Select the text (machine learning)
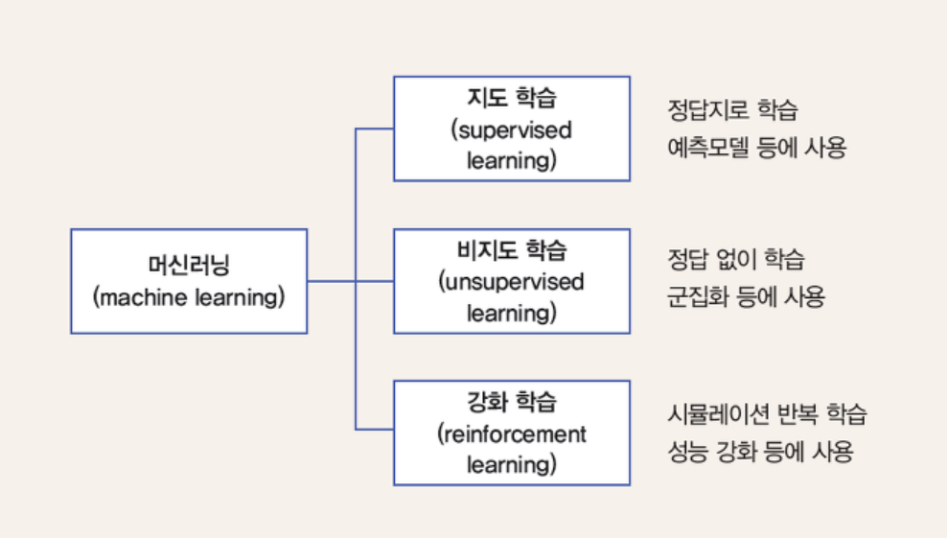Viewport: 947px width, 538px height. (x=189, y=297)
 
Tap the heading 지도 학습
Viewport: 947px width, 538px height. (x=512, y=99)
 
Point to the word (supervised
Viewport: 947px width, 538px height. (x=512, y=130)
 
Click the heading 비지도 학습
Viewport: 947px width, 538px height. (x=512, y=251)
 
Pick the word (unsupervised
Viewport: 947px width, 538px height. (x=512, y=282)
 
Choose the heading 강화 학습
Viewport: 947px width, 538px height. (x=512, y=403)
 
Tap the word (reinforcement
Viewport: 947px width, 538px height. (x=512, y=433)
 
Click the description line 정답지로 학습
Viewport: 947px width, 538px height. (x=732, y=109)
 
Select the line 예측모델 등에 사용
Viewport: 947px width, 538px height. (x=756, y=148)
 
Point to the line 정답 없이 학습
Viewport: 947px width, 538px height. (x=736, y=259)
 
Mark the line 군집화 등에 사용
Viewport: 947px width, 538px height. (x=746, y=296)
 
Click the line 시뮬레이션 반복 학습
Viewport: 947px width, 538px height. (x=767, y=414)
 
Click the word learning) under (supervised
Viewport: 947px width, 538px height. (x=512, y=161)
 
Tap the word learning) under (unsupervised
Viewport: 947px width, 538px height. (x=512, y=313)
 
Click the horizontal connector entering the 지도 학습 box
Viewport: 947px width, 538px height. (x=375, y=129)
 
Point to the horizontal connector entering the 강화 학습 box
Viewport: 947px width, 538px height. (x=375, y=429)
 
